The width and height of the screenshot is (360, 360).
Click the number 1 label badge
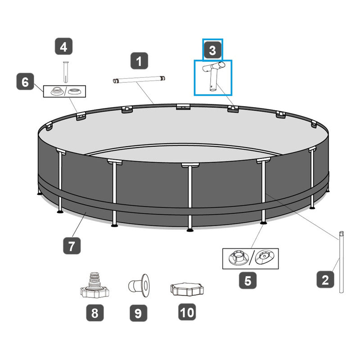coord(139,61)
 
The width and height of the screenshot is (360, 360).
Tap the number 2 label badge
coord(325,279)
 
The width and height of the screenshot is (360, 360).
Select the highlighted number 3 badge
coord(212,50)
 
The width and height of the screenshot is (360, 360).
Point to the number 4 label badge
coord(63,46)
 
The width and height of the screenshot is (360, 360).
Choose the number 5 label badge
coord(248,280)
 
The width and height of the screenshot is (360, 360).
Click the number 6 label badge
coord(25,81)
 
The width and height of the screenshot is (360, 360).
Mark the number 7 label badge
coord(72,246)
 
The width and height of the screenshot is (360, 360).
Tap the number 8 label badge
coord(95,313)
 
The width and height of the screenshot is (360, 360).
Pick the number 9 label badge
coord(139,313)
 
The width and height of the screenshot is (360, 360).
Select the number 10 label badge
coord(187,312)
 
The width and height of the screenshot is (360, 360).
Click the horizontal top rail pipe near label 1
coord(139,80)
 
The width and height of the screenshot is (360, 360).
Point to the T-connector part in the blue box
coord(213,76)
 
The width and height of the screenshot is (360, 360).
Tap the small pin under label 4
coord(66,72)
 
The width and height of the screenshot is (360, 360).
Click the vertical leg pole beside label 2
coord(342,262)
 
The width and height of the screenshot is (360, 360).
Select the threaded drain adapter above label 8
coord(94,285)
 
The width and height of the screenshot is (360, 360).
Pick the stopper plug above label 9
coord(139,285)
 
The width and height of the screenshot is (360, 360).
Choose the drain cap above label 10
coord(187,289)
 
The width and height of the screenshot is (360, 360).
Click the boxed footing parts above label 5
coord(251,258)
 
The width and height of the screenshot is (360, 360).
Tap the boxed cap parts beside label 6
coord(64,91)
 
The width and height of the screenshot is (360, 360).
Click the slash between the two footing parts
coord(252,258)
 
